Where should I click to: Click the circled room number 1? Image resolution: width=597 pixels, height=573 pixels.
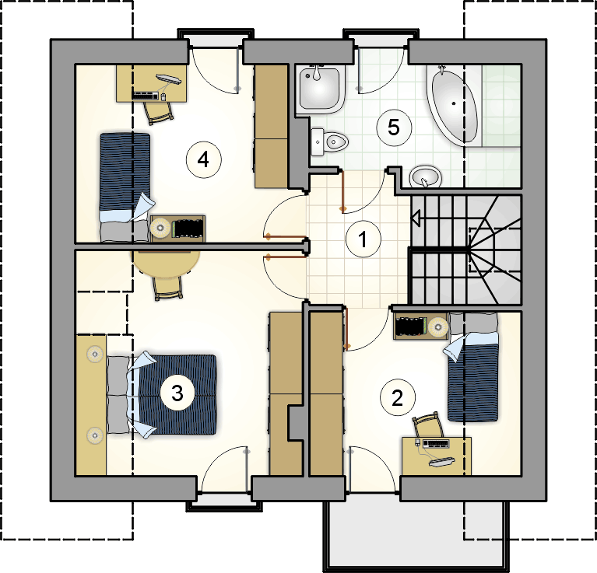pos(360,239)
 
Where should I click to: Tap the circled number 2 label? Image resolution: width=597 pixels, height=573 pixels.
pos(397,399)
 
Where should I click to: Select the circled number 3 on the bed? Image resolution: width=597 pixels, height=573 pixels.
pos(177,393)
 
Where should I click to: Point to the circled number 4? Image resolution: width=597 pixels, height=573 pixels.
pos(203,159)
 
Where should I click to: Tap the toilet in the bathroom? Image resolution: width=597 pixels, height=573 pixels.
pos(332,142)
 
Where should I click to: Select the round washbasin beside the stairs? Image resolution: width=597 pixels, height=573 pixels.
pos(424,177)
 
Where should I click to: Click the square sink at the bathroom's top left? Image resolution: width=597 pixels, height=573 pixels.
pos(319,87)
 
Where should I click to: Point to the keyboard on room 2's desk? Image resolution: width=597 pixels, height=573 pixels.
pos(436,444)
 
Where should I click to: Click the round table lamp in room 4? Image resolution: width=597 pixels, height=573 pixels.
pos(162,228)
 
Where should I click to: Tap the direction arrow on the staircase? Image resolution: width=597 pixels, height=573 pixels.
pos(417,220)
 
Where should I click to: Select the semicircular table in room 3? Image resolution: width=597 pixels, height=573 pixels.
pos(166,261)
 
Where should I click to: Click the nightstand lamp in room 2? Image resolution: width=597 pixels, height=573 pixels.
pos(437,325)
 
